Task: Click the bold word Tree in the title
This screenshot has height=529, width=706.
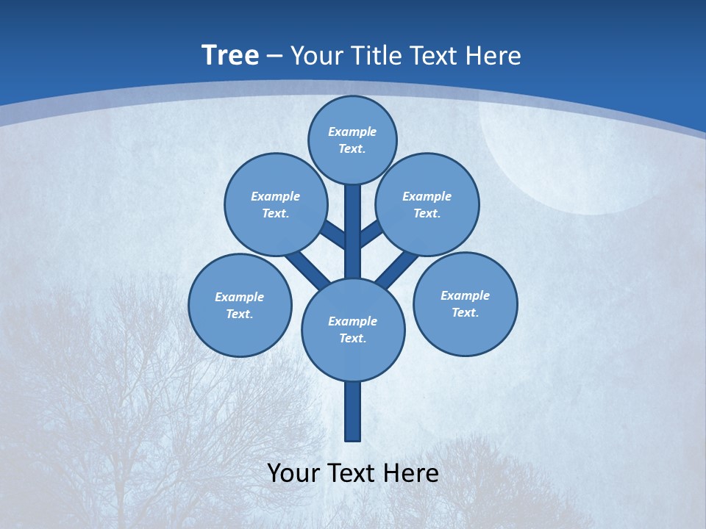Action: coord(230,55)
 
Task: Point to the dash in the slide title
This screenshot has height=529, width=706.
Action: coord(274,57)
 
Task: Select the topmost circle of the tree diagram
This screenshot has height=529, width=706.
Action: coord(352,140)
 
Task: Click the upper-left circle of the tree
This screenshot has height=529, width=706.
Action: coord(275,204)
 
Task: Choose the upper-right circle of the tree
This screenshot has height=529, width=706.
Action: coord(427,204)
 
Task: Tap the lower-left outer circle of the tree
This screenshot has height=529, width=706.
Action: coord(240,305)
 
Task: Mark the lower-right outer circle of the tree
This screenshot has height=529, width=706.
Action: coord(465,303)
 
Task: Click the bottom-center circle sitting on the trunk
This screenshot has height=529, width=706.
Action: coord(353,330)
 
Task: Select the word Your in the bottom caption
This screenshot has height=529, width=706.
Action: coord(294,472)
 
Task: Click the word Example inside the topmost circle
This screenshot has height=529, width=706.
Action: coord(352,132)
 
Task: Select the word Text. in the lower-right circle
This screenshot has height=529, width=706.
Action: coord(465,312)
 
